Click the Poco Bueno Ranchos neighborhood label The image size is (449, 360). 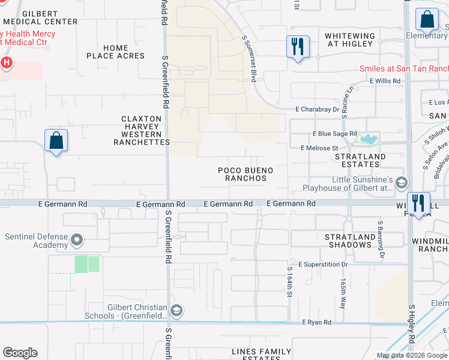point(245,175)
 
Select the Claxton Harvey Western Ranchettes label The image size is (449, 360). point(142,131)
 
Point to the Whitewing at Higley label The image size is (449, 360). point(350,40)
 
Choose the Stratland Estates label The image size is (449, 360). point(360,161)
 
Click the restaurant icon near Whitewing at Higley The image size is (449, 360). point(298,46)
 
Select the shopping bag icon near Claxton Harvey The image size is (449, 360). point(56,141)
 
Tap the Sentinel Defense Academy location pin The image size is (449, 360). point(76,241)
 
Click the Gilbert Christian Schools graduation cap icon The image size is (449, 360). point(176,310)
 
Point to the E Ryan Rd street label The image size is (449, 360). point(317,322)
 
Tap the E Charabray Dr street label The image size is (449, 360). point(318,109)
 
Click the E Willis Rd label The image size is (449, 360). point(385,80)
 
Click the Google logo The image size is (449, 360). point(20,353)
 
